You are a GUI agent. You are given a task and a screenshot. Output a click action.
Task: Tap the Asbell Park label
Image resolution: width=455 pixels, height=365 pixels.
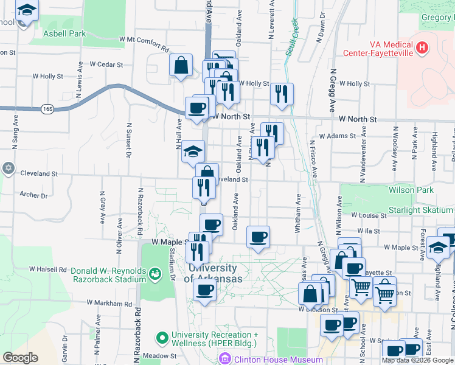64,33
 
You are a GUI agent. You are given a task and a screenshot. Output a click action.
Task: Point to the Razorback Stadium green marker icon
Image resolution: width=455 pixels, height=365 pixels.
155,275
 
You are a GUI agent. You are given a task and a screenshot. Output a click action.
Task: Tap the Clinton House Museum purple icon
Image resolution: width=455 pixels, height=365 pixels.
226,359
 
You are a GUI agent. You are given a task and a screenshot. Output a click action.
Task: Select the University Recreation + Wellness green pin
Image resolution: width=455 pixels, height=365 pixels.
162,336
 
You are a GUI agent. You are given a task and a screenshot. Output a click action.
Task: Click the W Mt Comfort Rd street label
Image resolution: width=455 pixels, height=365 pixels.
145,42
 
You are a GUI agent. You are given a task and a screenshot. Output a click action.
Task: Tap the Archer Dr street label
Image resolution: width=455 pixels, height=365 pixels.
33,195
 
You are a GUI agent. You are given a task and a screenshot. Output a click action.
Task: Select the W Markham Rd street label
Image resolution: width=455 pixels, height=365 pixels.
109,302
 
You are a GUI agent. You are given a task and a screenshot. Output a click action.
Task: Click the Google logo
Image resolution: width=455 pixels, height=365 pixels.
20,358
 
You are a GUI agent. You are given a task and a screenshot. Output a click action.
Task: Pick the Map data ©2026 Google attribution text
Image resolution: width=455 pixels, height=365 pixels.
417,360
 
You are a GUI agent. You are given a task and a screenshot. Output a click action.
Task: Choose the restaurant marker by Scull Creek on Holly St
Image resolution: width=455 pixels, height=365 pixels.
282,94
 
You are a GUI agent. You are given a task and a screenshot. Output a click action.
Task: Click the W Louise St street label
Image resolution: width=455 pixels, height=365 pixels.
369,215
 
